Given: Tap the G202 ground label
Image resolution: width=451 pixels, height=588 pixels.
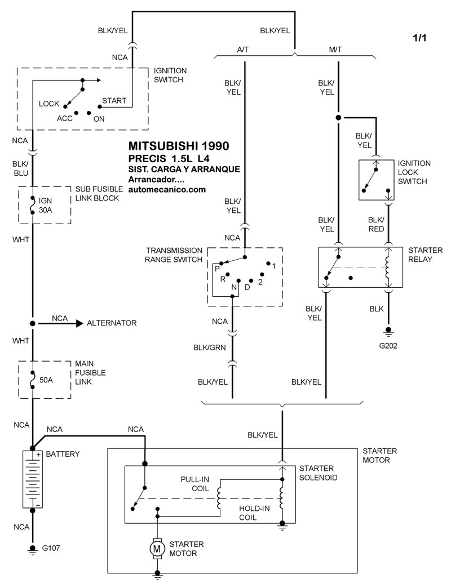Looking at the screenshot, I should (388, 346).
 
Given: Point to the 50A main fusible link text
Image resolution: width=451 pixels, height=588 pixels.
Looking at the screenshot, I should (46, 380).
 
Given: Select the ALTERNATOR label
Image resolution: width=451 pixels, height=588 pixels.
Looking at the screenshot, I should (112, 323).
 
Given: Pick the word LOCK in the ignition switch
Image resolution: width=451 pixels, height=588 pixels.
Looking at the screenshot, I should (49, 104).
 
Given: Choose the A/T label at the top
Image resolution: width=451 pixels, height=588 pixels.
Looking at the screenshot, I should (243, 50).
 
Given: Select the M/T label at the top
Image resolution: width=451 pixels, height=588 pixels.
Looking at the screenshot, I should (335, 50).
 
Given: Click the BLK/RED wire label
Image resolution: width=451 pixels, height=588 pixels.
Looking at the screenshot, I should (376, 224).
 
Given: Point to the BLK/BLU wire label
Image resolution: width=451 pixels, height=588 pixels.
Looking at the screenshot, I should (20, 168).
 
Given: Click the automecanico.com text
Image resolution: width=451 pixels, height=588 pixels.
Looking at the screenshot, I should (167, 190).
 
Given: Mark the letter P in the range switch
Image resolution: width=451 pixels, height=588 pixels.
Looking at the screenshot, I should (216, 269).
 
